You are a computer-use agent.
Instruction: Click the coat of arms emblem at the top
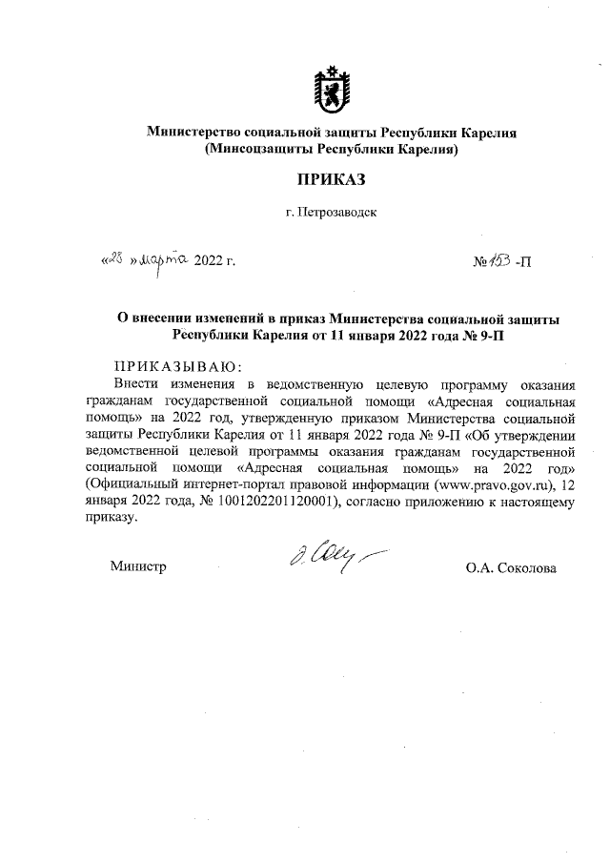point(331,87)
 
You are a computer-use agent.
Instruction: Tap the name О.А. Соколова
point(511,567)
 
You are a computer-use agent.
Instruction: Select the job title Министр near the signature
point(138,567)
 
